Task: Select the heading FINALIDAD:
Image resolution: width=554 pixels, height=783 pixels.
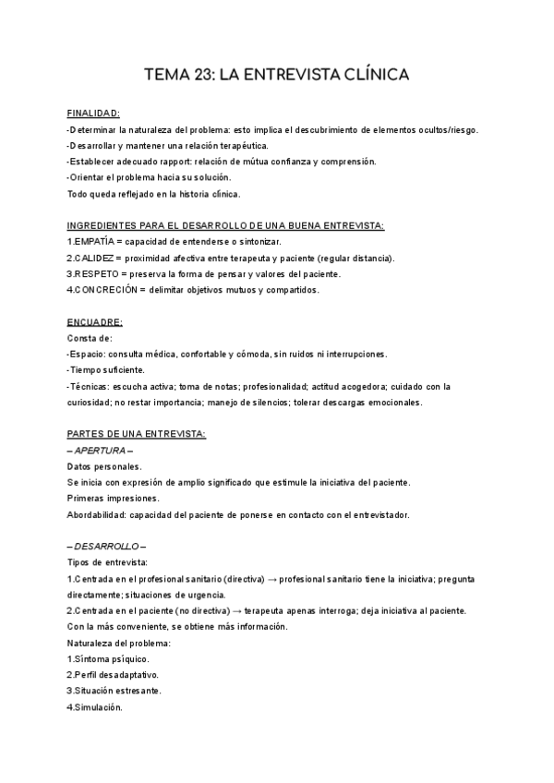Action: [x=93, y=114]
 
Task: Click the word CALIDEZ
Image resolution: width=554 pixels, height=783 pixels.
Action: [x=96, y=259]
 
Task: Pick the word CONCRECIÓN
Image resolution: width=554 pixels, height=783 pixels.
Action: [x=109, y=290]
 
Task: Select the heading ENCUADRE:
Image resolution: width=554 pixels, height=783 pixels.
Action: [x=95, y=322]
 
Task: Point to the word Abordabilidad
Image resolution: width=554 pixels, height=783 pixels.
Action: [x=98, y=514]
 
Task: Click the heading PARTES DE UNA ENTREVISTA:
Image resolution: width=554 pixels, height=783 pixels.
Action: [x=137, y=435]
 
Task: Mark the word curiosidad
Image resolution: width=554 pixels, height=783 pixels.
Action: [x=89, y=403]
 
